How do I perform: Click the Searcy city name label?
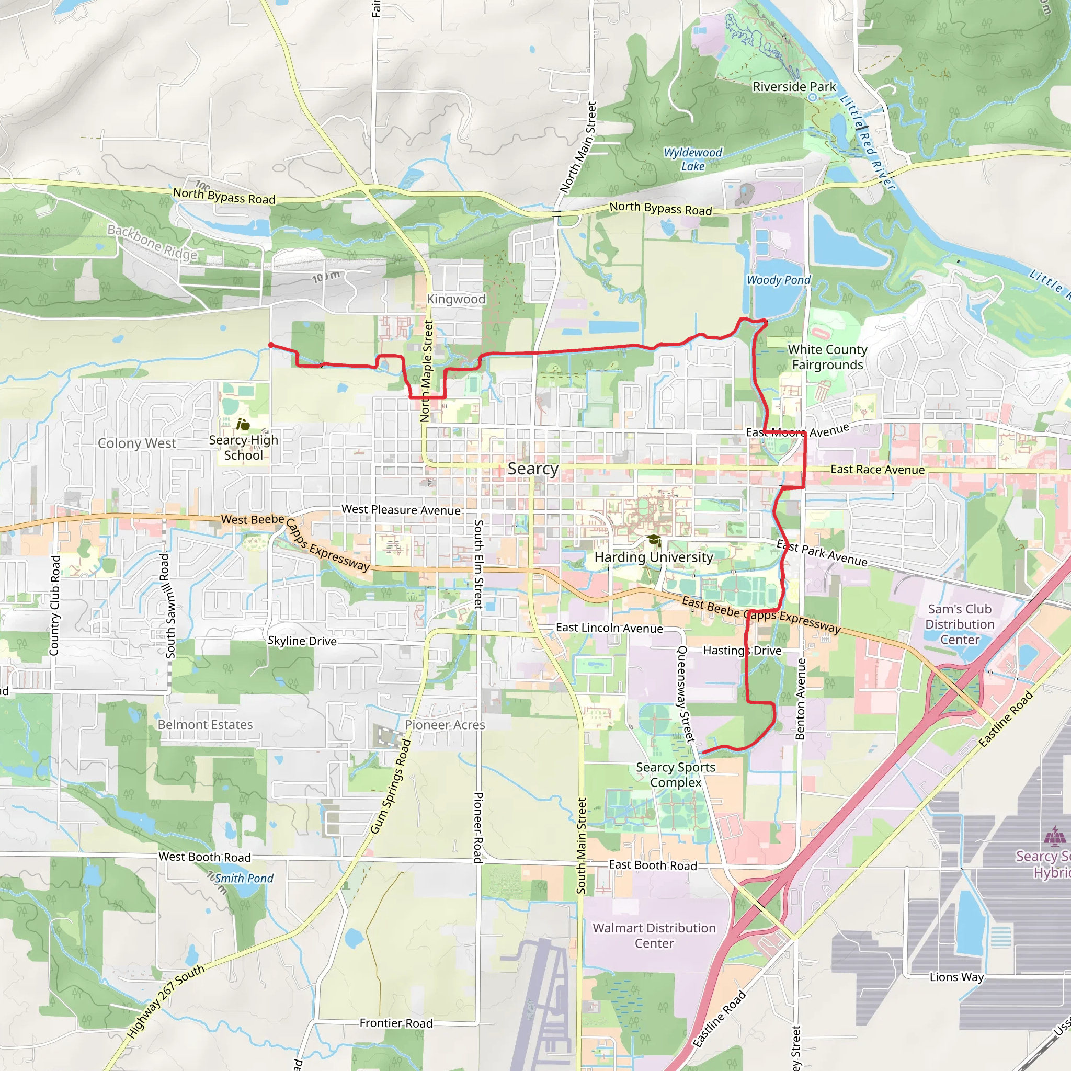[x=533, y=469]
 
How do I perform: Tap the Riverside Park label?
[x=794, y=87]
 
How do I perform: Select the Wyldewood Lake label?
[x=693, y=159]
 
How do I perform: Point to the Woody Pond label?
[x=778, y=280]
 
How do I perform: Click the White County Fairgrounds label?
[x=827, y=357]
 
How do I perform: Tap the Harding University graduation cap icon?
[x=654, y=540]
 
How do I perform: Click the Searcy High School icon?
[x=243, y=425]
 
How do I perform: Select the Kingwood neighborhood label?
[x=455, y=299]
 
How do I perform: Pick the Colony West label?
[x=137, y=443]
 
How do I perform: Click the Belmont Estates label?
[x=205, y=724]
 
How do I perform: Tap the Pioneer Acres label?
[x=445, y=724]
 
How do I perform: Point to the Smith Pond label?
[x=244, y=878]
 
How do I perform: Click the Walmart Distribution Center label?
[x=654, y=936]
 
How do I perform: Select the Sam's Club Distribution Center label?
[x=960, y=624]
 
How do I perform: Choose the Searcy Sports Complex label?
[x=675, y=775]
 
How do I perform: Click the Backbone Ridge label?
[x=153, y=242]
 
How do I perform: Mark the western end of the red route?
[x=270, y=345]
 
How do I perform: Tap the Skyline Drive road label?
[x=302, y=641]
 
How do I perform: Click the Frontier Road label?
[x=396, y=1023]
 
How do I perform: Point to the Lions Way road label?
[x=956, y=977]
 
